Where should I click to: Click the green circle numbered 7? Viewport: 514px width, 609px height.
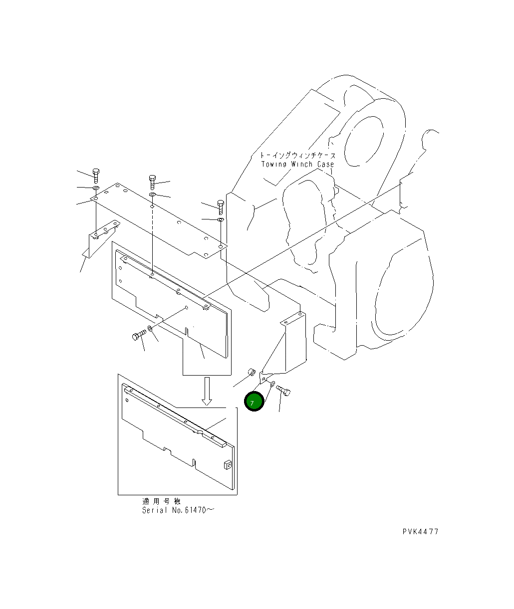click(254, 402)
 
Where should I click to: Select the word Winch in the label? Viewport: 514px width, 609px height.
click(300, 165)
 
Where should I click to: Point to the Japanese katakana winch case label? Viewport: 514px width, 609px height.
click(298, 156)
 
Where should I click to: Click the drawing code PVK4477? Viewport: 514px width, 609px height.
click(420, 532)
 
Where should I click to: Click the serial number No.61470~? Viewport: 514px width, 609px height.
click(193, 511)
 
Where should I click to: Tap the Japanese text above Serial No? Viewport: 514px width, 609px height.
click(161, 501)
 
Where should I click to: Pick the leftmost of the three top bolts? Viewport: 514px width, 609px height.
click(96, 175)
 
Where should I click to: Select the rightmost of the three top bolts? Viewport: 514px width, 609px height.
click(220, 206)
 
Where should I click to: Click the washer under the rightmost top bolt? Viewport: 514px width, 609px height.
click(220, 219)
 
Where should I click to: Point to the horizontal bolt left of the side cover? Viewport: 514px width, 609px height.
click(138, 335)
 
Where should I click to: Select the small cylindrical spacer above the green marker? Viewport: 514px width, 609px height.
click(252, 372)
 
